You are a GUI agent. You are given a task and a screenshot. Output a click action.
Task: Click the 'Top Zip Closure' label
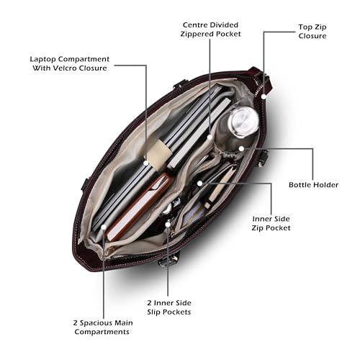point(312,32)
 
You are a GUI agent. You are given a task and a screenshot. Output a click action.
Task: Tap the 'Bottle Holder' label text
point(313,185)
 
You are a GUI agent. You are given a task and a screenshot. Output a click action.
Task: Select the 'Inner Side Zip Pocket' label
point(271,223)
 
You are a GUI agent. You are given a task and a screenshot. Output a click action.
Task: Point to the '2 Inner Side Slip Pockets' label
point(169,307)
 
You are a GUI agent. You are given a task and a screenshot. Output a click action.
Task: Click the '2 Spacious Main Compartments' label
point(103,328)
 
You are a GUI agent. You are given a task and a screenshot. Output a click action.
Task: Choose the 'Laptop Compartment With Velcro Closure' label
point(70,63)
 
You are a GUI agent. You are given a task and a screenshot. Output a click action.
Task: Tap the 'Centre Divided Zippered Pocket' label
point(210,30)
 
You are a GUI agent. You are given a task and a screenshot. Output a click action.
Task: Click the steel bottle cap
point(243,122)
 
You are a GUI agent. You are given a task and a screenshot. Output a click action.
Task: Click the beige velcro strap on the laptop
point(158,154)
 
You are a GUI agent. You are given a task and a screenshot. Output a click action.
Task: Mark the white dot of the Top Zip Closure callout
point(264,96)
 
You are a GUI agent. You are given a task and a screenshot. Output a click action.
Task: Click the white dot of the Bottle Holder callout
point(241,148)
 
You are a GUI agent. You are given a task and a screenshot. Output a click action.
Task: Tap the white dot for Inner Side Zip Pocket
point(199,184)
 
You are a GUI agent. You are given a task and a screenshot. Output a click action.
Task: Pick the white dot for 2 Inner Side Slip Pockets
point(168,225)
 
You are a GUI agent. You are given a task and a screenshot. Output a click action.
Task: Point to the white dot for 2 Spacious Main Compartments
point(104,227)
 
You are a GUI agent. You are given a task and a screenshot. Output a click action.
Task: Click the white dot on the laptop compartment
point(146,163)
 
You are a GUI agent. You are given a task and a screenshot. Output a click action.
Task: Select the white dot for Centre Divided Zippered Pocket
point(210,138)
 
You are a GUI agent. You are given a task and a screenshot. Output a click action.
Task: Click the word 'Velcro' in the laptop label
point(65,68)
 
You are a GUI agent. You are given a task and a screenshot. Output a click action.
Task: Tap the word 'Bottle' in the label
point(300,185)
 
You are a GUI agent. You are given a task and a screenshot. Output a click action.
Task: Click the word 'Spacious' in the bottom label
point(95,323)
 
